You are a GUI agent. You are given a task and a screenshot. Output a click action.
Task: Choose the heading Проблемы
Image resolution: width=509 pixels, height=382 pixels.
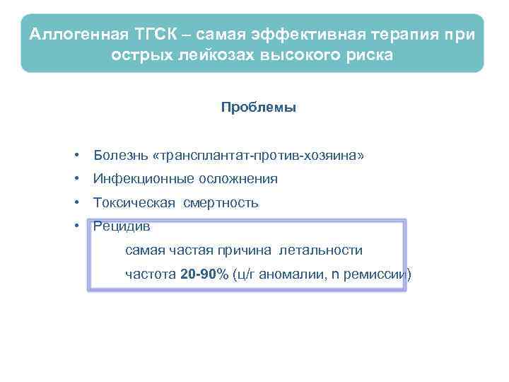pyautogui.click(x=258, y=108)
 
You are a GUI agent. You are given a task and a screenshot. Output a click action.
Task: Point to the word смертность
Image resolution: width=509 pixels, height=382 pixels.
pyautogui.click(x=221, y=203)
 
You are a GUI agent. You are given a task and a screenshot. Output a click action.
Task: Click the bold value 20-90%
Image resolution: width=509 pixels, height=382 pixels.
pyautogui.click(x=204, y=274)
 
